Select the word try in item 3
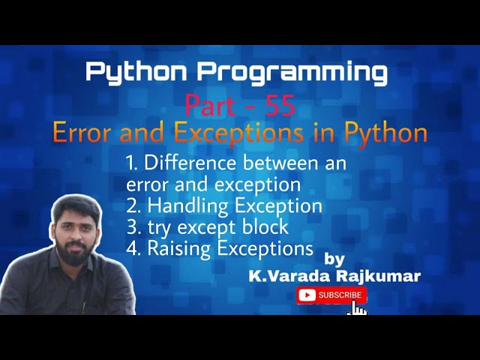(x=159, y=226)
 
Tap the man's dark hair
(x=77, y=204)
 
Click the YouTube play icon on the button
(x=307, y=295)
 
